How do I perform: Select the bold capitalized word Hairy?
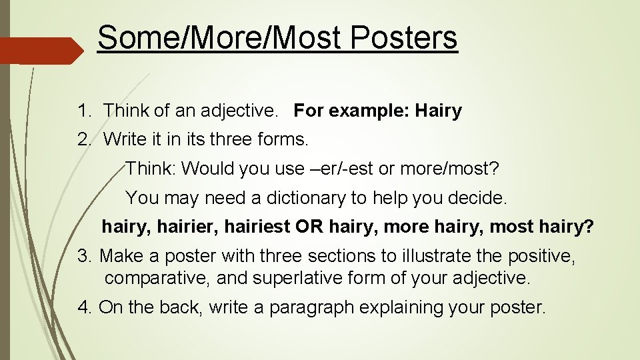(438, 111)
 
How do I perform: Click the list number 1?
(83, 111)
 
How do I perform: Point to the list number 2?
(83, 139)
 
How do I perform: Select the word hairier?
(188, 227)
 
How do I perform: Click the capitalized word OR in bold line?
(309, 227)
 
